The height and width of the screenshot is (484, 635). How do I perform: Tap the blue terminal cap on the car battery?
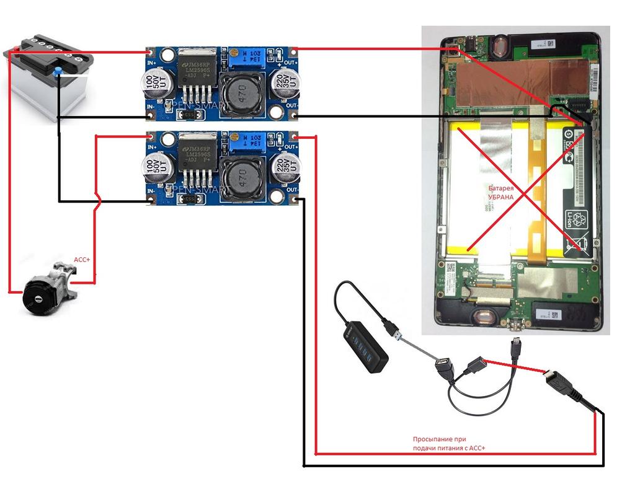coord(58,73)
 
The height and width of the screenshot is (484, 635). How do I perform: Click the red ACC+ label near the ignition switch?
coord(82,260)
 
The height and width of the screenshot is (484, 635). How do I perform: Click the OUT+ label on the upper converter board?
coord(291,63)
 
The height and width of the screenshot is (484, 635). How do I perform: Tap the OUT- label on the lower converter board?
coord(291,189)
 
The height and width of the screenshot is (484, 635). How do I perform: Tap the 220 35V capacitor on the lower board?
coord(285,167)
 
